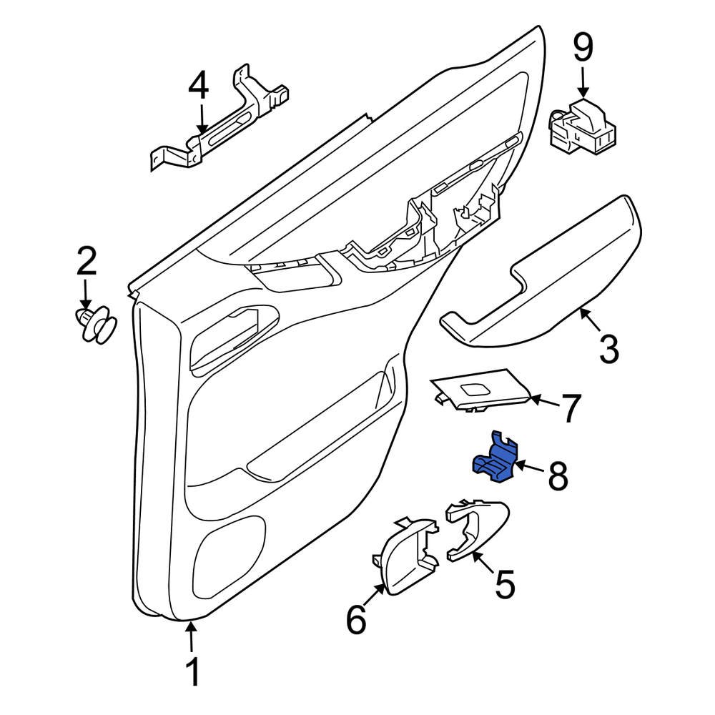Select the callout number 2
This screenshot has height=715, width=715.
coord(86,262)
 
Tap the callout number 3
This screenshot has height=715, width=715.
coord(608,350)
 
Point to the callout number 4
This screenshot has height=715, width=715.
coord(198,87)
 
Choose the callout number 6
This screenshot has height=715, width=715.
coord(356,619)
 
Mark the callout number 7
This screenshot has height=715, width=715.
coord(570,408)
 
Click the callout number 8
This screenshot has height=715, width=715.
coord(558,475)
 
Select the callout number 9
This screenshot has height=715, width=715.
coord(583,48)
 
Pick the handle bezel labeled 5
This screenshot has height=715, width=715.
coord(475,529)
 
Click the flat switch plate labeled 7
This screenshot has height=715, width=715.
coord(479,390)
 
